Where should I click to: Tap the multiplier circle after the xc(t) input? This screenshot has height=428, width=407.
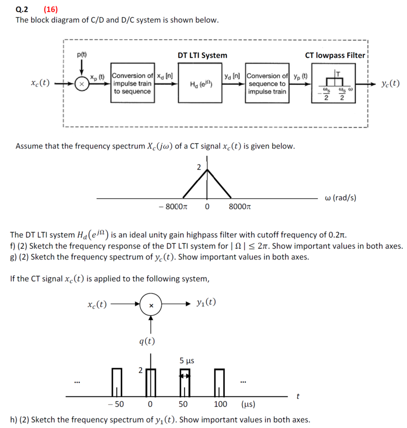click(82, 84)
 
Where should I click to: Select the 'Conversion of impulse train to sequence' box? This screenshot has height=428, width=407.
click(132, 83)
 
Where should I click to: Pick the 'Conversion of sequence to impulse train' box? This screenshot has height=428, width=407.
click(267, 84)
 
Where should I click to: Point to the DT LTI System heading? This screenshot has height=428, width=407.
click(202, 55)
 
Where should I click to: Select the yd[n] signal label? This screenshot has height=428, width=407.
click(233, 75)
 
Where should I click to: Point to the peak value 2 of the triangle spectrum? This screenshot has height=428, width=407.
click(199, 167)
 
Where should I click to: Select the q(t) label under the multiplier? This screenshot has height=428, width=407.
click(147, 341)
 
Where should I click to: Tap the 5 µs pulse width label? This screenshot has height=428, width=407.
click(186, 361)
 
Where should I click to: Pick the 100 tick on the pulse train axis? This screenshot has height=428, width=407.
click(221, 404)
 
